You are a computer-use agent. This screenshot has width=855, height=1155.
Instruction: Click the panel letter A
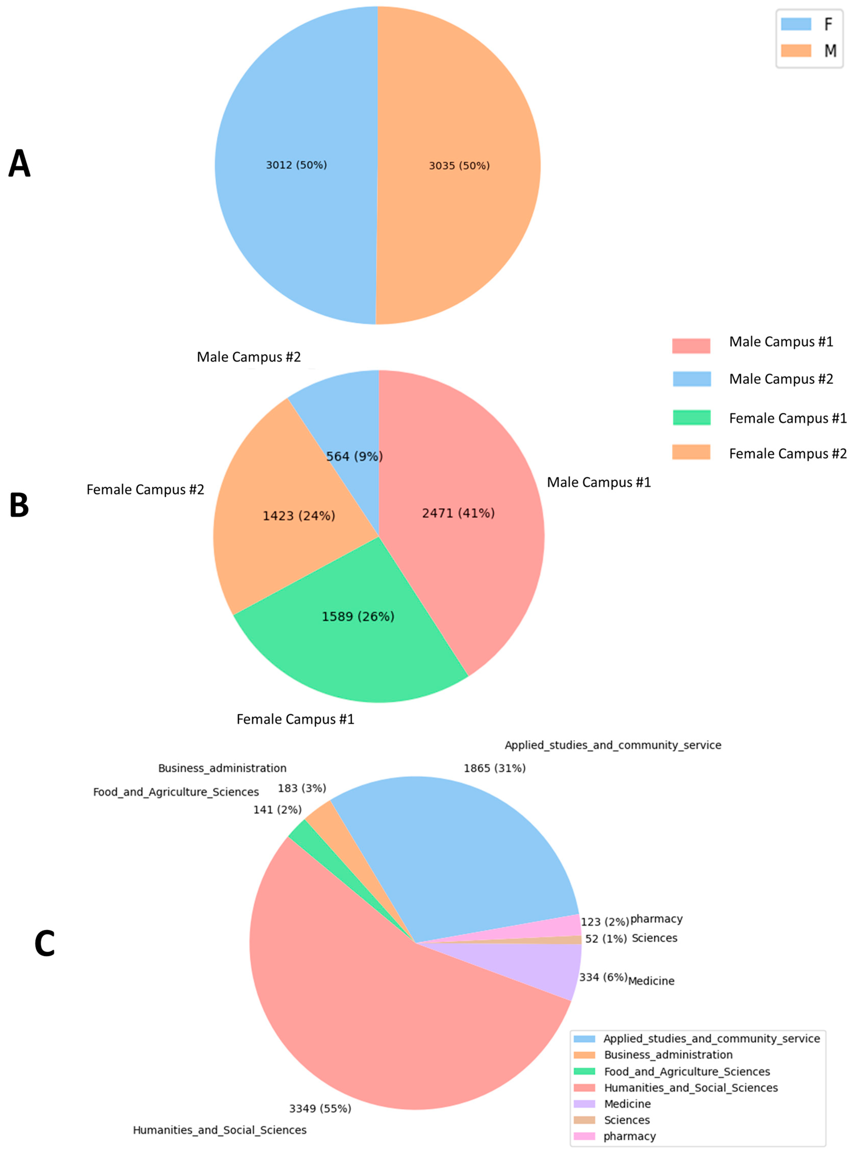click(20, 164)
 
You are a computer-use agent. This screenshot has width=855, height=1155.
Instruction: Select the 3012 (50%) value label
click(296, 165)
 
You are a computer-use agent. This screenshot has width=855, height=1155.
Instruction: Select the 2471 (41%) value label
click(458, 513)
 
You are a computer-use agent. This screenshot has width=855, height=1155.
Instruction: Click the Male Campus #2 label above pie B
click(248, 357)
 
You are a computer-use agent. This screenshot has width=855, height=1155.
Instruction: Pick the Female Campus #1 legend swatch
click(691, 418)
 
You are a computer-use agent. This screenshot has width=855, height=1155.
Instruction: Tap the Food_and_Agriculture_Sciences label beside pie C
click(176, 792)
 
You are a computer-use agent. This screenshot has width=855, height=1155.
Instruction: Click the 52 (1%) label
click(606, 938)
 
